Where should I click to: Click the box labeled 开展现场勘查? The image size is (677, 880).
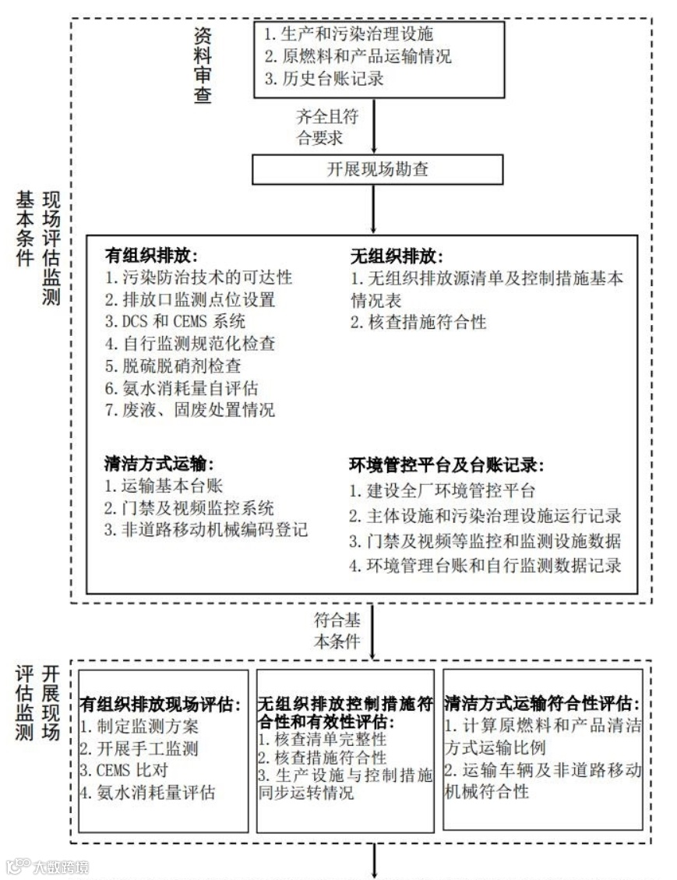(x=377, y=168)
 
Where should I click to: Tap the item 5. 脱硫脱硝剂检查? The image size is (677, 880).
(x=172, y=365)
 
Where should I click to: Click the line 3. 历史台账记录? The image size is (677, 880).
(x=323, y=79)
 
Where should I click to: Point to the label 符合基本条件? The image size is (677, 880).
(x=337, y=631)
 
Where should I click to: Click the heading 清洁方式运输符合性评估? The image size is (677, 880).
(x=543, y=704)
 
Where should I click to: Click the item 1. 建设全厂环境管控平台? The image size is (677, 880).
(x=443, y=491)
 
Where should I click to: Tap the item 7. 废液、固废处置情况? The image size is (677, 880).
(x=189, y=409)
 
